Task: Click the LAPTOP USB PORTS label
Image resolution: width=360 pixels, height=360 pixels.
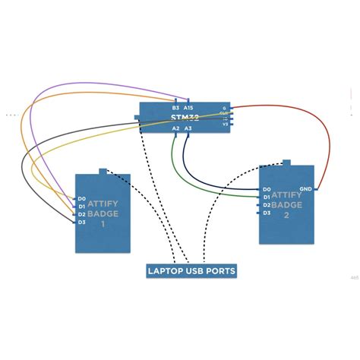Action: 191,270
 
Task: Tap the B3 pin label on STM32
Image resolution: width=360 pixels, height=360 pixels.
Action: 175,108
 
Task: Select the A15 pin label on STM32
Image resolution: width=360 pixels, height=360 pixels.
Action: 188,108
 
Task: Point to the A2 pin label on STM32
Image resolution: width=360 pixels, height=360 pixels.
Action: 175,129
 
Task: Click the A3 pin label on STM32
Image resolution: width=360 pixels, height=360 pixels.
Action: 188,129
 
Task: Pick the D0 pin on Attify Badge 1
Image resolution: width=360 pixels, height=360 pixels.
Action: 81,199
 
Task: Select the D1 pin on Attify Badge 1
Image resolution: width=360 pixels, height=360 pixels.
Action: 81,207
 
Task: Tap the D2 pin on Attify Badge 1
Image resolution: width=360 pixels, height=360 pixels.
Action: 81,214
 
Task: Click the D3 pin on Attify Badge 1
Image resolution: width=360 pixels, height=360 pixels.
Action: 81,222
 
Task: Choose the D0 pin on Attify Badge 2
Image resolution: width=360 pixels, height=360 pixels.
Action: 267,189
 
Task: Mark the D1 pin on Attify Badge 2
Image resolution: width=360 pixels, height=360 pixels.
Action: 267,197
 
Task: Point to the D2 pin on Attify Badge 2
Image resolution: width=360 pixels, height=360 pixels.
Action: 267,204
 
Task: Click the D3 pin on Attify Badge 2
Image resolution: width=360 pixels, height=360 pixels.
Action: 267,213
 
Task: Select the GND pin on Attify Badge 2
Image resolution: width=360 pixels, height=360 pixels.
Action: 305,188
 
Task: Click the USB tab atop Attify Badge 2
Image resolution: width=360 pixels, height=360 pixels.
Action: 286,162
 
